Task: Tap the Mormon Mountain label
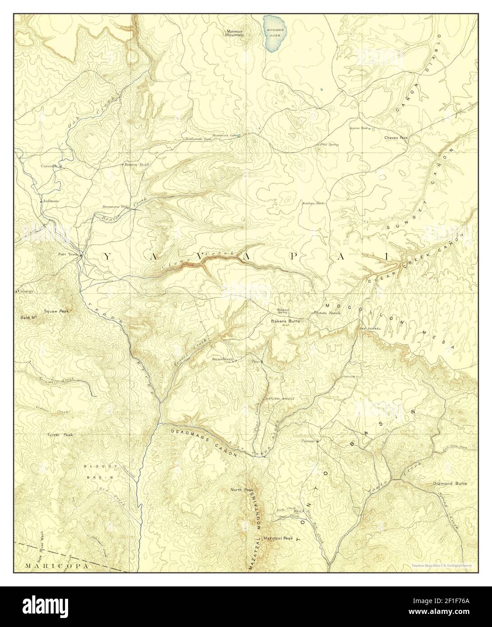click(x=235, y=33)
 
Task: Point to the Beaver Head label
click(x=137, y=165)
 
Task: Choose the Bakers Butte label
click(x=285, y=321)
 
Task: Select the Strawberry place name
click(x=222, y=360)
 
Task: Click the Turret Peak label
click(x=59, y=435)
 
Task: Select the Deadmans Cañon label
click(x=204, y=443)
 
